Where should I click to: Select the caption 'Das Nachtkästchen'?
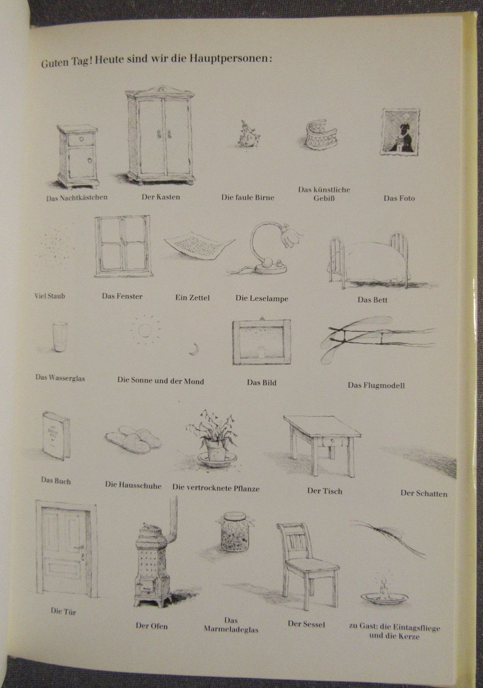pyautogui.click(x=77, y=198)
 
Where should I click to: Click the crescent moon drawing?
pyautogui.click(x=194, y=350)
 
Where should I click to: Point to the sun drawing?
pyautogui.click(x=144, y=330)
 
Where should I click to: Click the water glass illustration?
pyautogui.click(x=60, y=337)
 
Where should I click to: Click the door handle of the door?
pyautogui.click(x=80, y=547)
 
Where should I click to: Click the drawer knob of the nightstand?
pyautogui.click(x=81, y=139)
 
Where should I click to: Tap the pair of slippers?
pyautogui.click(x=133, y=439)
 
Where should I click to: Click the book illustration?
pyautogui.click(x=56, y=436)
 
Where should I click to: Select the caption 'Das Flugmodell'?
pyautogui.click(x=376, y=385)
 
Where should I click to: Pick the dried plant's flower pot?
pyautogui.click(x=216, y=451)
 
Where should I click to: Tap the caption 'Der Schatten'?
pyautogui.click(x=424, y=494)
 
